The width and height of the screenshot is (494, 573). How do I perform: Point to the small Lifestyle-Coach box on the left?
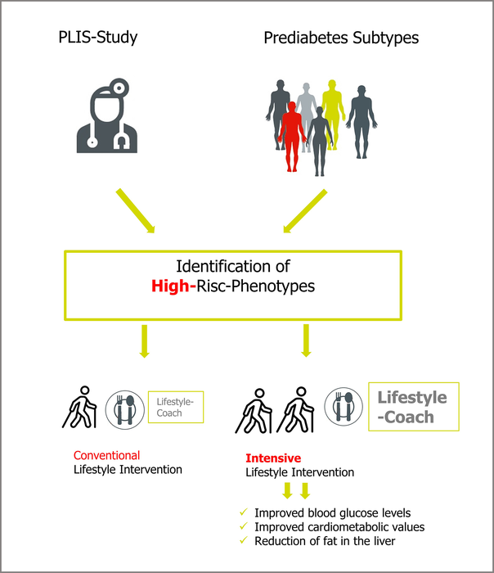coord(176,407)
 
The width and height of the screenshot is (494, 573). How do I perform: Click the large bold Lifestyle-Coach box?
coord(412,407)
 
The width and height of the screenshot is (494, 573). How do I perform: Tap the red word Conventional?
coord(106,455)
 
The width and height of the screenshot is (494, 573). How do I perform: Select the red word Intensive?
coord(273,458)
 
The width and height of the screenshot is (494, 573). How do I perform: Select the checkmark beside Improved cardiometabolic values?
coord(243,527)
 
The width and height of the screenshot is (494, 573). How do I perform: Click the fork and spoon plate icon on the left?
coord(125,407)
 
